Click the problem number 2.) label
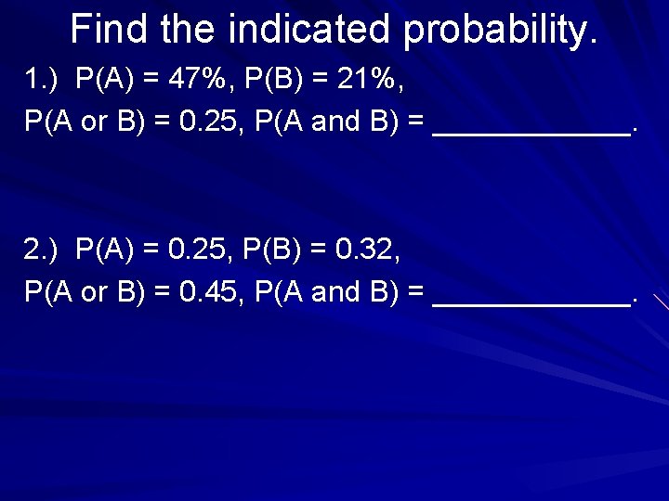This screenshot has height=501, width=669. tap(41, 249)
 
